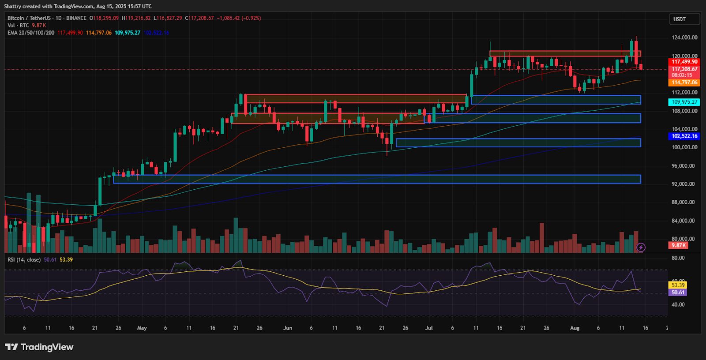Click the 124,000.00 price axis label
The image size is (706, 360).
[684, 37]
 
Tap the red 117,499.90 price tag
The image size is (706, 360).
[684, 62]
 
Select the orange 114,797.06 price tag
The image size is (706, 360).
[684, 82]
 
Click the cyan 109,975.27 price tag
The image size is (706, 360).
[684, 102]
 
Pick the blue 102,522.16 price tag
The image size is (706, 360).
[684, 136]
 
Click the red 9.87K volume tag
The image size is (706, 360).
[679, 245]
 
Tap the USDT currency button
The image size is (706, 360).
[684, 19]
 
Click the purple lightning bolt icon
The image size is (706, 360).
[641, 247]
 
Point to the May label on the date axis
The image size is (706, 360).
[142, 328]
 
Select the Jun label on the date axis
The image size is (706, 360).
[288, 328]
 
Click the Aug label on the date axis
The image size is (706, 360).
[575, 328]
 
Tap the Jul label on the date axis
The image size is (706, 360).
[428, 328]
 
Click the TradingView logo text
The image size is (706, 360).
[39, 347]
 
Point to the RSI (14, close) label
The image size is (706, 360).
[24, 260]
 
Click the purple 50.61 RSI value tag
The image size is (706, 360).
[678, 292]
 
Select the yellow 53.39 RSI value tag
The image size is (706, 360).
[678, 285]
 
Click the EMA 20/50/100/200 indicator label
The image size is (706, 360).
[31, 33]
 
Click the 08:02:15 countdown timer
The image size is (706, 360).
[682, 75]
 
